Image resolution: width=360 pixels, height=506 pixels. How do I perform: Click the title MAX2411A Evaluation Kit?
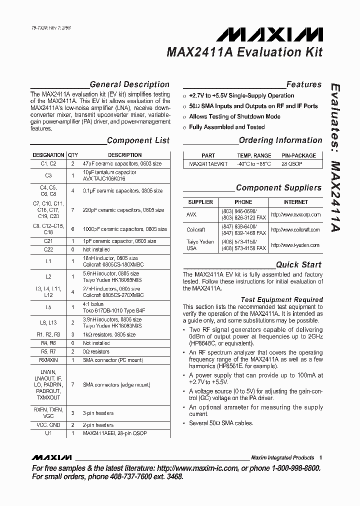click(x=244, y=52)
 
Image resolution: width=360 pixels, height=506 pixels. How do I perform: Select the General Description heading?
click(x=129, y=84)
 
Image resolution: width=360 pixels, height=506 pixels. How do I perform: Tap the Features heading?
click(x=303, y=84)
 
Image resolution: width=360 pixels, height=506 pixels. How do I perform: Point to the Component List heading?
click(x=138, y=140)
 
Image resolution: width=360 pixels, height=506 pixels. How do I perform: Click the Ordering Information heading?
click(x=280, y=140)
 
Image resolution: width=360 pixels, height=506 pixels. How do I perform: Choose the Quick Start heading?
click(x=298, y=264)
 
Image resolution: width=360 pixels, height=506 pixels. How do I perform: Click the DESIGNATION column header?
click(x=48, y=155)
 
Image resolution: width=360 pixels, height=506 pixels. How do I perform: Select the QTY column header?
click(x=73, y=155)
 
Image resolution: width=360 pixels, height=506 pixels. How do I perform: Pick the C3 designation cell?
click(x=48, y=175)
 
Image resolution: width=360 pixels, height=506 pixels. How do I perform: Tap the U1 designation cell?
click(x=48, y=433)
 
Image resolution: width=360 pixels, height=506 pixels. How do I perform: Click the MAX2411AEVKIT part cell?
click(x=208, y=163)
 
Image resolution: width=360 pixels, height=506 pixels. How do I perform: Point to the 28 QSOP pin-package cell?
click(x=292, y=163)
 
